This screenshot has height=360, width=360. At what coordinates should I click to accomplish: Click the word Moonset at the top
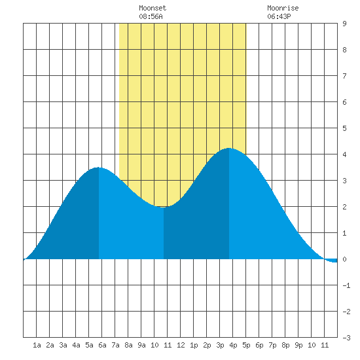[x=153, y=8]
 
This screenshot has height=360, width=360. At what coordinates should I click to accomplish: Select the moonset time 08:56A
[x=151, y=16]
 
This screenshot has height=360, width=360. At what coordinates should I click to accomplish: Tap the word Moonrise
[x=283, y=8]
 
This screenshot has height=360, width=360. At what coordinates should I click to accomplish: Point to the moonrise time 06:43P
[x=279, y=16]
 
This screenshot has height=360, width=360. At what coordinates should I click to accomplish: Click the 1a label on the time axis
[x=37, y=345]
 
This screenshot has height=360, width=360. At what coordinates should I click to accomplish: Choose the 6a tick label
[x=102, y=345]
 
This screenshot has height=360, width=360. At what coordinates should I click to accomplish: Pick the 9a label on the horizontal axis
[x=141, y=345]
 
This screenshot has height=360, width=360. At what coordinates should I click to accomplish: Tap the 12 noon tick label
[x=181, y=345]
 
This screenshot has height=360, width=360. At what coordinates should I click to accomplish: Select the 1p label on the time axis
[x=194, y=345]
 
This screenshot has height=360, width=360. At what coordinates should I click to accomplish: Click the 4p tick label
[x=233, y=345]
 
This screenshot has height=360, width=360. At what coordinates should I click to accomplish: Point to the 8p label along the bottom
[x=285, y=345]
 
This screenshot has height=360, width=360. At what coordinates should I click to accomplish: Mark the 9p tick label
[x=298, y=345]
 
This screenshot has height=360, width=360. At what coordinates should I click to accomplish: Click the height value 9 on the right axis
[x=344, y=24]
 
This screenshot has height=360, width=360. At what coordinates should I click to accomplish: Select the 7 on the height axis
[x=344, y=76]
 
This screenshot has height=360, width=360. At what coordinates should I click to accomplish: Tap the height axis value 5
[x=344, y=128]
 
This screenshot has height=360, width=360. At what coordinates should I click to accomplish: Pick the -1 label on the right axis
[x=346, y=285]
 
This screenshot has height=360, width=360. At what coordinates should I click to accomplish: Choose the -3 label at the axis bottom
[x=346, y=338]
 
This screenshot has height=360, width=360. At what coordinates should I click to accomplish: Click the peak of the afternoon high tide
[x=229, y=149]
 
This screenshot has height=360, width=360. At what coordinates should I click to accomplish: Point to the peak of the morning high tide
[x=98, y=168]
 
